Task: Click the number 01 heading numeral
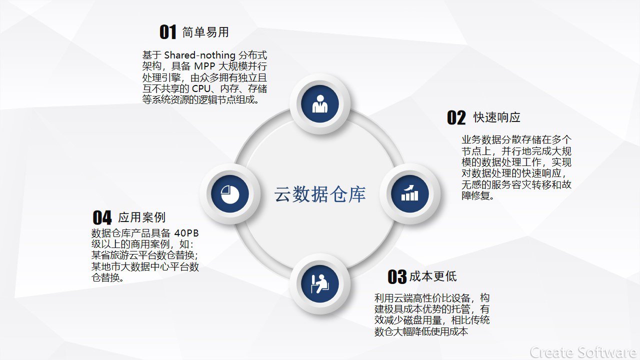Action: click(x=167, y=31)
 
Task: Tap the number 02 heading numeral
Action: click(x=456, y=117)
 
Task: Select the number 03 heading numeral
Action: click(x=397, y=276)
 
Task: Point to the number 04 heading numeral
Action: click(x=102, y=217)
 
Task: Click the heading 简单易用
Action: click(x=205, y=32)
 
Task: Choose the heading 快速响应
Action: click(x=497, y=117)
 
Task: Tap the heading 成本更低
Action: click(x=433, y=276)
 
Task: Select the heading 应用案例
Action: click(x=141, y=217)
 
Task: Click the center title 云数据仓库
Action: click(x=320, y=194)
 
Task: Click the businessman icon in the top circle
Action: click(x=320, y=103)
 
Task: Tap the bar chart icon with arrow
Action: click(x=409, y=193)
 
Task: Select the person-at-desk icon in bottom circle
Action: click(x=319, y=284)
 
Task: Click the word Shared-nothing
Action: click(x=199, y=55)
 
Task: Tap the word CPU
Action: click(x=201, y=88)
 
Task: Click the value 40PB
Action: click(x=186, y=233)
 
